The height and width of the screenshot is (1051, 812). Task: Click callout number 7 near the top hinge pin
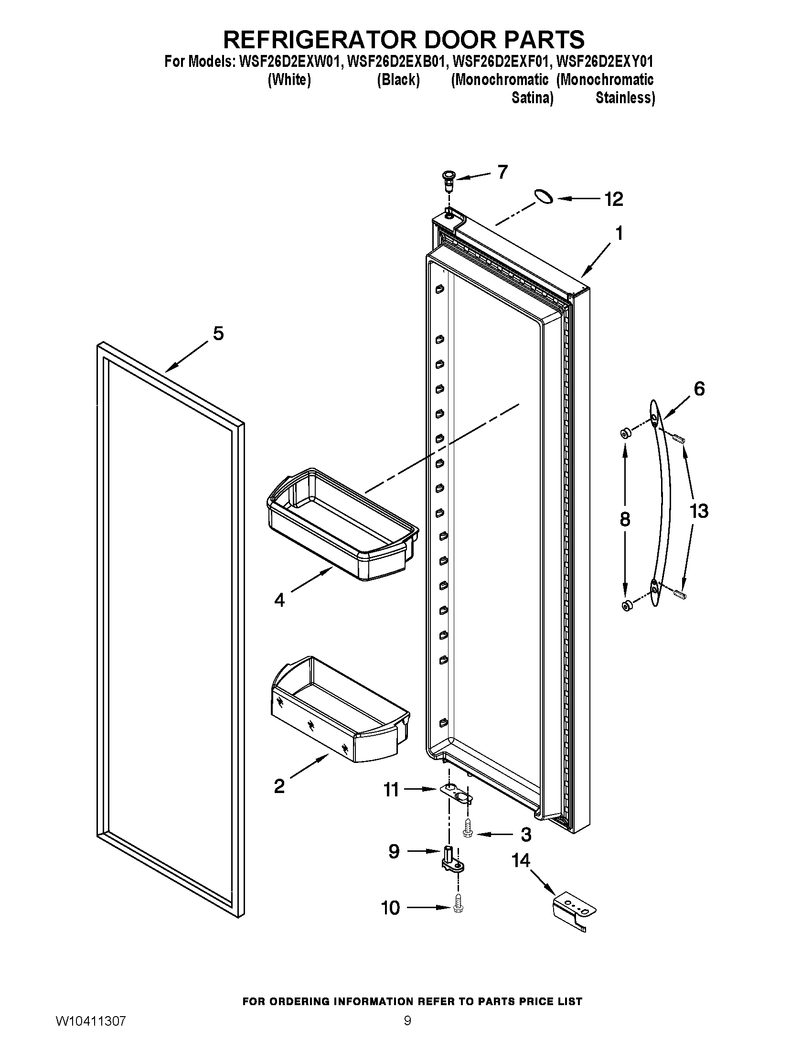click(x=502, y=172)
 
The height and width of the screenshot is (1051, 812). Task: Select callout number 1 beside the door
click(x=619, y=234)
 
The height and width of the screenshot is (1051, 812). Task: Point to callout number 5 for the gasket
click(x=218, y=333)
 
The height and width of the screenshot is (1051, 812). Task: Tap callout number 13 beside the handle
click(x=698, y=511)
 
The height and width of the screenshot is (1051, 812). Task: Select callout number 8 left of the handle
click(x=624, y=520)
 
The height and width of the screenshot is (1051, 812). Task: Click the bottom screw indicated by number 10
click(x=458, y=909)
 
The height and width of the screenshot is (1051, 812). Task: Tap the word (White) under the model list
click(x=289, y=79)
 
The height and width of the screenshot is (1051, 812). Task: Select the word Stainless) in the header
click(x=625, y=97)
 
